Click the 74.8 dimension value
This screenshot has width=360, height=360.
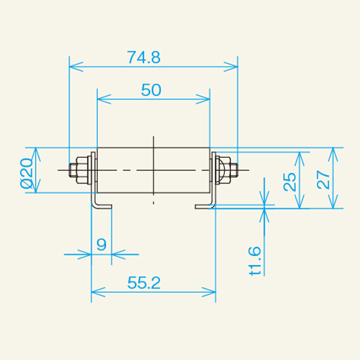[143, 57]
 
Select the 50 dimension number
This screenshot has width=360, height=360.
[151, 90]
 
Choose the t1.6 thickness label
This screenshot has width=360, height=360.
[256, 261]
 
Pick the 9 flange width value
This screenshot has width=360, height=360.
[101, 245]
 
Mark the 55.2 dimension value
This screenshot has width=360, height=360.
[144, 283]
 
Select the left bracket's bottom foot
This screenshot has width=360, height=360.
[102, 206]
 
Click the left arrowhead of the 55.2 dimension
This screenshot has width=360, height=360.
[95, 293]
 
